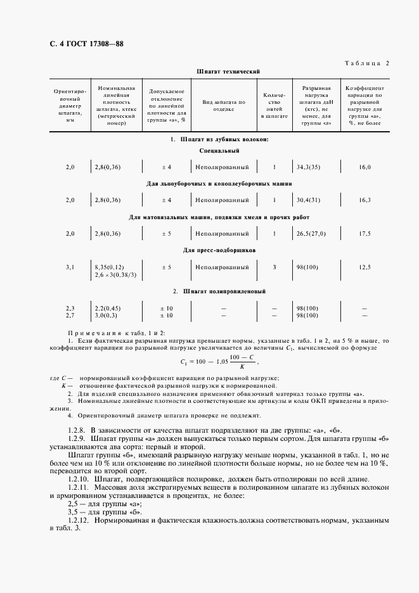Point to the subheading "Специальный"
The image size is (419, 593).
click(219, 151)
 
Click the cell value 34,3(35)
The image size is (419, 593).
click(308, 167)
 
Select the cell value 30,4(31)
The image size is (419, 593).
click(308, 200)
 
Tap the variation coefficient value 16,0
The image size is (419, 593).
click(364, 167)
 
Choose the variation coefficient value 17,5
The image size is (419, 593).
click(364, 233)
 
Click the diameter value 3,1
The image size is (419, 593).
click(70, 267)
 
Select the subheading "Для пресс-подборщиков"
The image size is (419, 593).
click(219, 250)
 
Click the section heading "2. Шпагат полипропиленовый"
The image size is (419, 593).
click(219, 291)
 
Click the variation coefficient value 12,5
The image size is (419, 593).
click(364, 267)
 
